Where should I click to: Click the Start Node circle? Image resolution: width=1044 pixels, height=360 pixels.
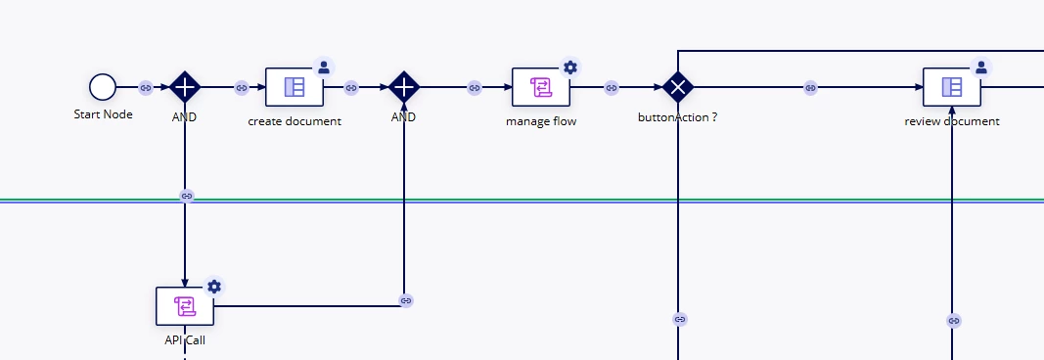pyautogui.click(x=103, y=87)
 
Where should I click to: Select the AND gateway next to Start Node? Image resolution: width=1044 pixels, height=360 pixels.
pyautogui.click(x=184, y=87)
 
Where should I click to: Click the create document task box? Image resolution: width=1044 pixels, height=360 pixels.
pyautogui.click(x=295, y=87)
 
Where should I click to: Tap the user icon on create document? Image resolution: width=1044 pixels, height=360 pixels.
pyautogui.click(x=324, y=67)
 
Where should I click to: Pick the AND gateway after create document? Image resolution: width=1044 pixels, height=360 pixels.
pyautogui.click(x=403, y=87)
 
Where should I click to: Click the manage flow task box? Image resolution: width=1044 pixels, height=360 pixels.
pyautogui.click(x=541, y=87)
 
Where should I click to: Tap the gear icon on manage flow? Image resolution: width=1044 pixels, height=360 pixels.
pyautogui.click(x=569, y=67)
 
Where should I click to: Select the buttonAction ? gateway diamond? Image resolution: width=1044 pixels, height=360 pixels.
pyautogui.click(x=678, y=87)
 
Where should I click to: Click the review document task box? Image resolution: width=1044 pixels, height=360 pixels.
pyautogui.click(x=951, y=87)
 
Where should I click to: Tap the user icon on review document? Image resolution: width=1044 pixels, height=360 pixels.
pyautogui.click(x=980, y=67)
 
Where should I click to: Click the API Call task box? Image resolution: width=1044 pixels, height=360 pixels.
pyautogui.click(x=185, y=306)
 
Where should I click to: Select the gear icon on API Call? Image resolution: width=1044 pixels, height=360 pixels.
pyautogui.click(x=213, y=286)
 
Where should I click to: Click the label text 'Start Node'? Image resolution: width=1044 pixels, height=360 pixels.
pyautogui.click(x=103, y=114)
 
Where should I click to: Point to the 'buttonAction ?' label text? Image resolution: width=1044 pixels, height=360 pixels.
pyautogui.click(x=678, y=117)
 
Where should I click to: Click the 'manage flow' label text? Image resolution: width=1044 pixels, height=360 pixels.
pyautogui.click(x=541, y=121)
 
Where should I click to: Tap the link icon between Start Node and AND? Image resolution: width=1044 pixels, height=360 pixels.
pyautogui.click(x=145, y=87)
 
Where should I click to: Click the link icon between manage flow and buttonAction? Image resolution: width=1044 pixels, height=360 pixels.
pyautogui.click(x=612, y=87)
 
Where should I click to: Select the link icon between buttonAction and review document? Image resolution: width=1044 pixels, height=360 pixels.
pyautogui.click(x=810, y=87)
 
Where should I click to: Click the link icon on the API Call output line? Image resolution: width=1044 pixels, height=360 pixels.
pyautogui.click(x=406, y=300)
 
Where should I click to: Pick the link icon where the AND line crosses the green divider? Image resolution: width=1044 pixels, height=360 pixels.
pyautogui.click(x=187, y=197)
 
